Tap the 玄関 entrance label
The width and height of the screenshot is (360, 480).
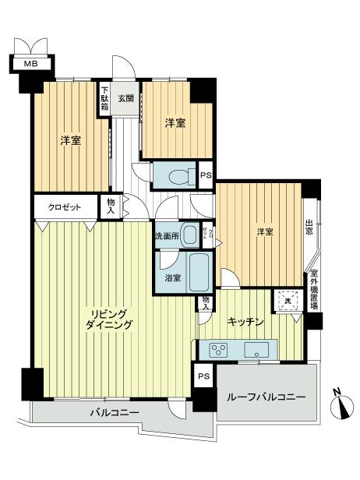tap(125, 98)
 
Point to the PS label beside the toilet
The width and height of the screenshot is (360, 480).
tap(206, 175)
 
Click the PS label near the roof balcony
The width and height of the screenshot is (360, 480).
tap(203, 376)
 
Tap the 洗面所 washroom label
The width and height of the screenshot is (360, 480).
tap(165, 236)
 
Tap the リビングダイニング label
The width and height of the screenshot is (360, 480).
tap(109, 319)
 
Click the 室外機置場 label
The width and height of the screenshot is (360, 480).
tap(314, 289)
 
